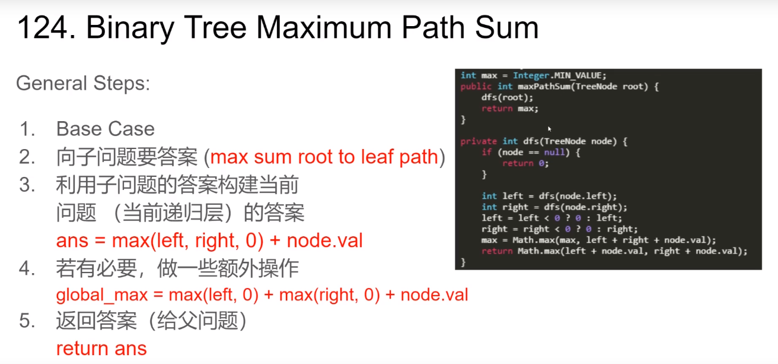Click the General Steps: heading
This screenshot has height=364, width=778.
click(83, 83)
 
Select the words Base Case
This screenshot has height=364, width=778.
click(105, 129)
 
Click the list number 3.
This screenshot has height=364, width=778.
click(27, 185)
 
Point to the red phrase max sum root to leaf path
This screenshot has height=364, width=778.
click(324, 157)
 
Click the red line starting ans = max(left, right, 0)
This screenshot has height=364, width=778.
click(209, 240)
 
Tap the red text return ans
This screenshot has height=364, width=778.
click(101, 348)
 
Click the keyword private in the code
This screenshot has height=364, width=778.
click(479, 141)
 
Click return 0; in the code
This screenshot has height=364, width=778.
click(525, 163)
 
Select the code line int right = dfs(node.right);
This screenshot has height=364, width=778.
click(554, 207)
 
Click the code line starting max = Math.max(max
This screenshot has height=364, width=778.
click(599, 240)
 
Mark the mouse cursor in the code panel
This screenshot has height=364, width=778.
click(549, 128)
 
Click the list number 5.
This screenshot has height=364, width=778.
click(27, 321)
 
